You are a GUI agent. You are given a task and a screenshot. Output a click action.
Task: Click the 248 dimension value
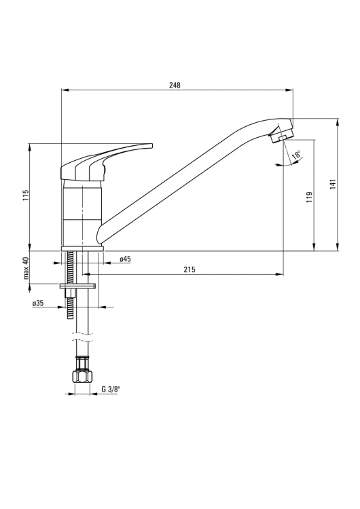[175, 85]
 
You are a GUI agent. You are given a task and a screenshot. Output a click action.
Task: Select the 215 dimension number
[190, 269]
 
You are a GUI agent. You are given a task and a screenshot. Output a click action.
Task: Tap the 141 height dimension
[334, 184]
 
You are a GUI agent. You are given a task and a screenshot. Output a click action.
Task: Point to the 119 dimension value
[309, 197]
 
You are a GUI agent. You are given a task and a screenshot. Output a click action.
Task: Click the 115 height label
[26, 195]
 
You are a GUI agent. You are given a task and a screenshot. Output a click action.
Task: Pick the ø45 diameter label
[125, 259]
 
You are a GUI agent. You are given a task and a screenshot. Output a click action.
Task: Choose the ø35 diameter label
[38, 303]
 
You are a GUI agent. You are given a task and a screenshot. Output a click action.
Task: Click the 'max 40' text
[26, 268]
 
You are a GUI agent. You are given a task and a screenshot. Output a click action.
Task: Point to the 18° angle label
[296, 155]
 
